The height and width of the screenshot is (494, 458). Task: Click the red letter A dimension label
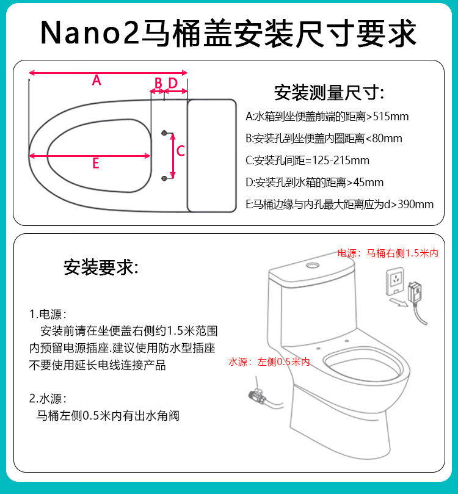[x=96, y=81]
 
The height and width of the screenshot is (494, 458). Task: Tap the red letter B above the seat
[x=158, y=84]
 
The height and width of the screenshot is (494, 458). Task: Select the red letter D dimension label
[x=173, y=83]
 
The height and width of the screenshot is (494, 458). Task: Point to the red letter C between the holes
[x=181, y=151]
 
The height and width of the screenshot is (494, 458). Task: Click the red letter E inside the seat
[x=96, y=163]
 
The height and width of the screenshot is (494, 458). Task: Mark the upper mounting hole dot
[x=164, y=133]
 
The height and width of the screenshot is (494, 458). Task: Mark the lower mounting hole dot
[x=164, y=179]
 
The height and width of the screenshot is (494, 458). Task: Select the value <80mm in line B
[x=383, y=139]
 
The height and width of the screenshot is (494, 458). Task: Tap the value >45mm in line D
[x=365, y=183]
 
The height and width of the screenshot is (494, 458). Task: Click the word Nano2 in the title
[x=90, y=32]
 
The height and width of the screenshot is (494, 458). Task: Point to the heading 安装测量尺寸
[x=329, y=93]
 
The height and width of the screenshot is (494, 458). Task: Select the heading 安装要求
[x=101, y=267]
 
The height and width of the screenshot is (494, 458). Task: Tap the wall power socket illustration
[x=396, y=281]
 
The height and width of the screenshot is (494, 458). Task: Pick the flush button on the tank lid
[x=313, y=265]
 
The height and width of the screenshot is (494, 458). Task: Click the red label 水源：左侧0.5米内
[x=269, y=362]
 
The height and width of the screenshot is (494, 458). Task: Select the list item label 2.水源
[x=48, y=399]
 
